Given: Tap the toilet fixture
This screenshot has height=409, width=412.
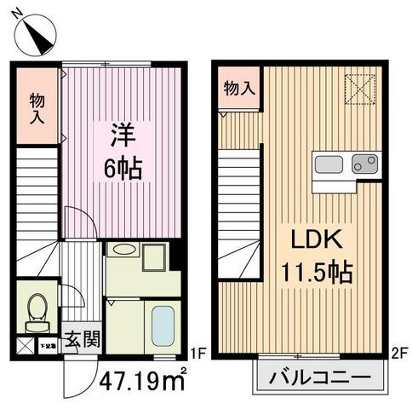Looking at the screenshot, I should pyautogui.click(x=37, y=312).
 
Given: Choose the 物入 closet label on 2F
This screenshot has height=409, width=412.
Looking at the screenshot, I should pyautogui.click(x=238, y=88).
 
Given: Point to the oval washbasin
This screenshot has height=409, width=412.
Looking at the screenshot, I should pyautogui.click(x=125, y=251).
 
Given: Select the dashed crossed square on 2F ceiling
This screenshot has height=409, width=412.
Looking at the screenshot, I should pyautogui.click(x=359, y=86).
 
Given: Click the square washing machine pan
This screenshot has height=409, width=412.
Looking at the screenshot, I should pyautogui.click(x=156, y=256).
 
